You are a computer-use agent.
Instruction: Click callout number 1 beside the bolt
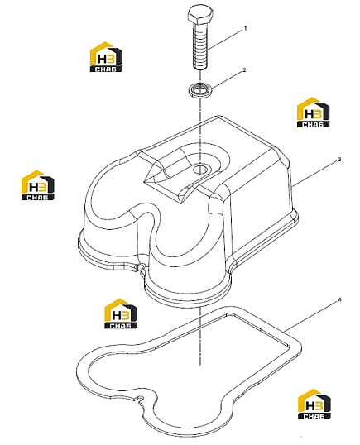(246, 28)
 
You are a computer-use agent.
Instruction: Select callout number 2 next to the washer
(244, 69)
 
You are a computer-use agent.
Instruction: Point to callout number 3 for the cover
(339, 160)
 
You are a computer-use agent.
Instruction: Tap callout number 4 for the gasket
(339, 299)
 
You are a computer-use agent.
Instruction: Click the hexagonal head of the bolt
(200, 17)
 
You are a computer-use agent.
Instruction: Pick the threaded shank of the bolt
(200, 47)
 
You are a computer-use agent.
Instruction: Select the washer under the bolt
(200, 89)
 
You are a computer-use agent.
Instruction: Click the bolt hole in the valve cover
(200, 170)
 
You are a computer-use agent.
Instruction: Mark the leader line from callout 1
(225, 40)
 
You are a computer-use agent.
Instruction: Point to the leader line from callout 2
(226, 79)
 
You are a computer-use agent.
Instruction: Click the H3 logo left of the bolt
(106, 57)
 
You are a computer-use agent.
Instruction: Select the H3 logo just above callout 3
(313, 112)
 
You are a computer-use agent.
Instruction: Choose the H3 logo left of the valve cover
(38, 185)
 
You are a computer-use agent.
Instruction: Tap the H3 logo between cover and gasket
(121, 313)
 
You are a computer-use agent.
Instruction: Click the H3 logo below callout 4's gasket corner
(314, 404)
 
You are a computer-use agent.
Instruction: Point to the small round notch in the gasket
(140, 398)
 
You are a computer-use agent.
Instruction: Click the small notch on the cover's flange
(140, 267)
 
